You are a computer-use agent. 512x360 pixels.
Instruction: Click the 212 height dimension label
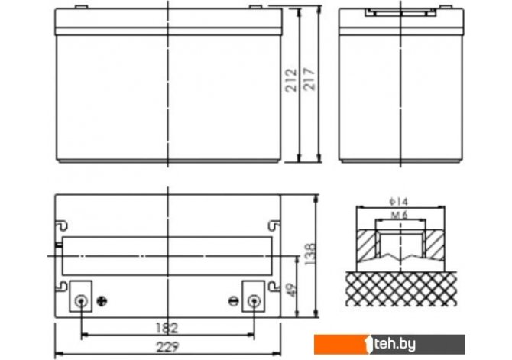[291, 80]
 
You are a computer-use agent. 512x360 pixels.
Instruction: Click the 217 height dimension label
[309, 79]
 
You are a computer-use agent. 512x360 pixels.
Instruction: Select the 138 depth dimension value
[310, 254]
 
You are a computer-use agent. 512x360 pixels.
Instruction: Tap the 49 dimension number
[291, 290]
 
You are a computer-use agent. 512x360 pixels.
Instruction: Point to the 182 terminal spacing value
[167, 328]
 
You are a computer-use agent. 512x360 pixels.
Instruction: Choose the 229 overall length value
[168, 347]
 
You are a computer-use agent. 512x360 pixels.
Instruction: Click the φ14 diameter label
[399, 201]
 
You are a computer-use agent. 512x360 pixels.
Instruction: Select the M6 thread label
[400, 215]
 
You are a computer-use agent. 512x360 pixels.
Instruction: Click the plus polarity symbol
[102, 301]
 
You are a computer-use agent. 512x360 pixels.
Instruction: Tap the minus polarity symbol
[234, 301]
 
